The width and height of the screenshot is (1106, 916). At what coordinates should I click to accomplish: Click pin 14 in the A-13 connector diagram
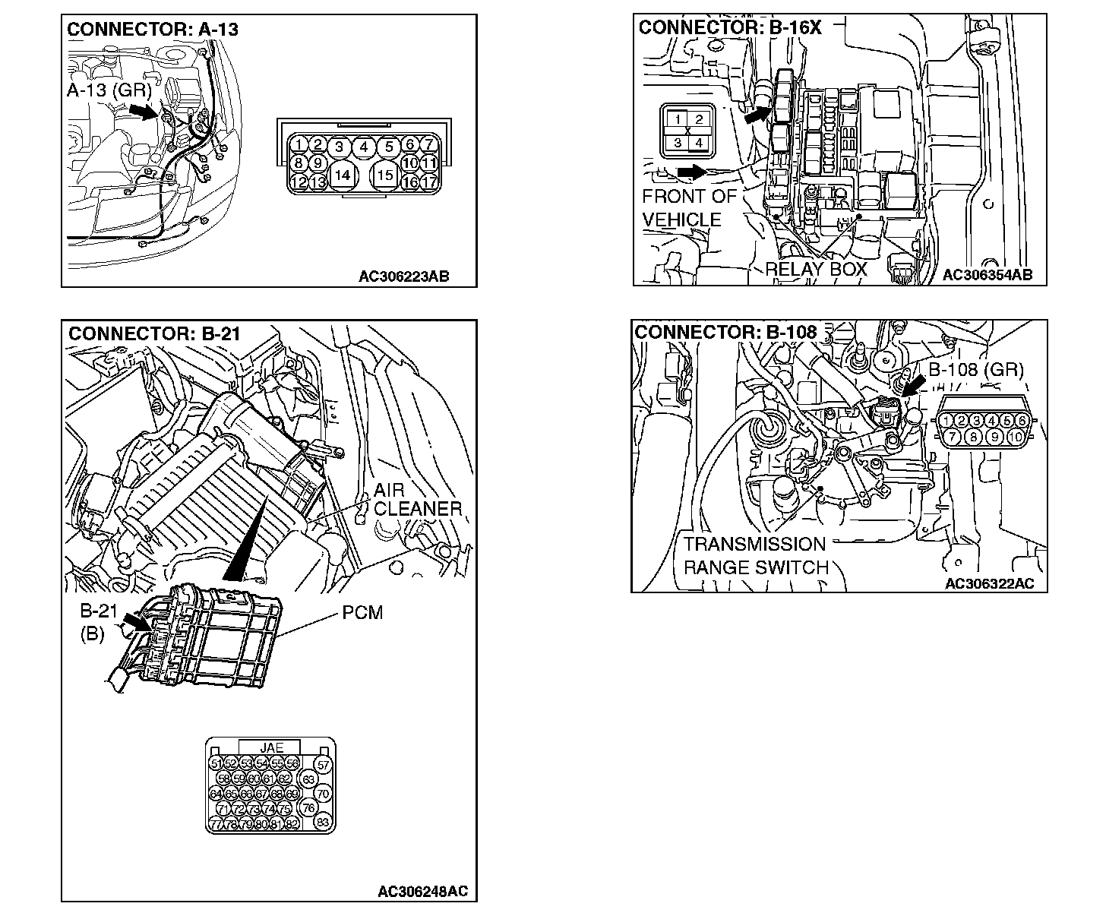click(343, 175)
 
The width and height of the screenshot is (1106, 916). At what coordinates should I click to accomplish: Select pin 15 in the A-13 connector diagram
click(386, 175)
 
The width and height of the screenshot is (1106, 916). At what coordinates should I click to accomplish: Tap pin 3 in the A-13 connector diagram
click(340, 147)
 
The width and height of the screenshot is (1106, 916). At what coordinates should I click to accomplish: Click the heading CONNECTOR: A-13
click(153, 30)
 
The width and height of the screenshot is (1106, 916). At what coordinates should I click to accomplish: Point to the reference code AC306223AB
click(403, 276)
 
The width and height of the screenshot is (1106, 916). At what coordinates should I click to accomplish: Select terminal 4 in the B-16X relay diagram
click(700, 142)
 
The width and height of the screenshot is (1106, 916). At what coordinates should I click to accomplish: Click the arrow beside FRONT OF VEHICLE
click(691, 172)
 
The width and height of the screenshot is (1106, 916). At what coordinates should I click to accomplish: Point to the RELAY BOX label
click(816, 270)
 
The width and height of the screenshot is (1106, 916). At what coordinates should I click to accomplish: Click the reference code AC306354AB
click(987, 275)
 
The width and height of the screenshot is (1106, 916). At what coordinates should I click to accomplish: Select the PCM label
click(362, 611)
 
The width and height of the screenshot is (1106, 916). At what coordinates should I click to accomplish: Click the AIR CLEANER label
click(417, 500)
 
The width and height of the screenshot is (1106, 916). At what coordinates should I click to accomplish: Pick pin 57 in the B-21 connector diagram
click(324, 765)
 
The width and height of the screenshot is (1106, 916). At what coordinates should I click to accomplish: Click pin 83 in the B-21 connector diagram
click(323, 822)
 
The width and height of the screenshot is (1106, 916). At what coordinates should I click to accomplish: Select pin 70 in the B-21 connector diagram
click(323, 794)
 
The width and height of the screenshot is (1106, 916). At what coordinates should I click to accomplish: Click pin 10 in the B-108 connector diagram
click(1016, 437)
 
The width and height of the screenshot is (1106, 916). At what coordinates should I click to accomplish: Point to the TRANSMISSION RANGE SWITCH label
click(755, 556)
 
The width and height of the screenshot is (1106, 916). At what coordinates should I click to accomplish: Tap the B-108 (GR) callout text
click(976, 371)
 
